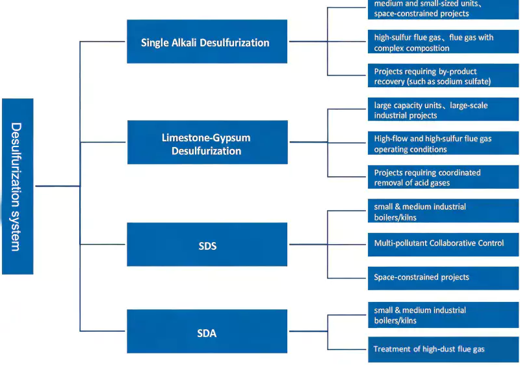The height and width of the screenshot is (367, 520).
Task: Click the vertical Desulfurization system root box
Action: click(x=18, y=186)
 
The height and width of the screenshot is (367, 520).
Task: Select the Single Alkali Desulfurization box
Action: click(x=207, y=42)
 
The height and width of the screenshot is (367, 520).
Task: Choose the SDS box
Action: click(x=207, y=245)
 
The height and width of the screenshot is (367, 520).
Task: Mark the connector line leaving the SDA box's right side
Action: click(x=307, y=332)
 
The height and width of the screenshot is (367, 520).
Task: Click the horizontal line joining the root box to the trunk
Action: click(x=57, y=186)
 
